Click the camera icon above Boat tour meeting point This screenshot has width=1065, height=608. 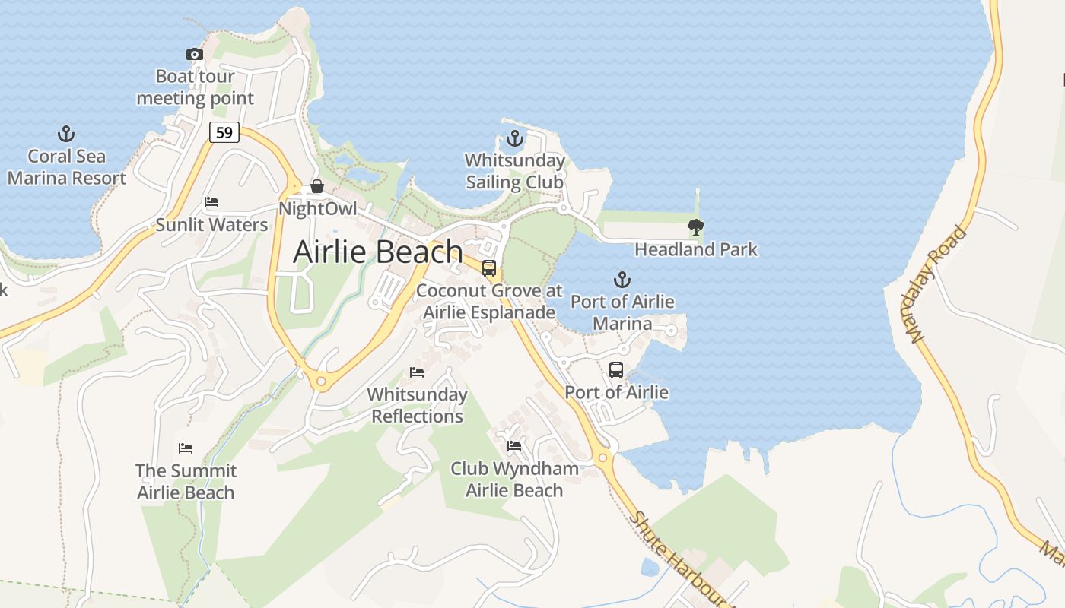coord(195,54)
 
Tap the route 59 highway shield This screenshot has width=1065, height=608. coord(224,132)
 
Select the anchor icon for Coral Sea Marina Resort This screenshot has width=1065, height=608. coord(66,135)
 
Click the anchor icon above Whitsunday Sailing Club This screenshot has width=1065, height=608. coord(515,138)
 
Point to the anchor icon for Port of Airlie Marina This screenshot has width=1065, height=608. coord(622,280)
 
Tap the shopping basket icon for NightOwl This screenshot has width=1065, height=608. coord(317,186)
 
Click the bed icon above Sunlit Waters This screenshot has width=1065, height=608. coord(211,202)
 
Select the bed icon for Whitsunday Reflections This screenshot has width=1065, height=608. coord(417,372)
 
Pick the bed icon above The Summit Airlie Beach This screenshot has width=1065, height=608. coord(186,448)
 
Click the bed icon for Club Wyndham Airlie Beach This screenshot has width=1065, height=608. coord(514,445)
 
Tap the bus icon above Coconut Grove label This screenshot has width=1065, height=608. coord(489,268)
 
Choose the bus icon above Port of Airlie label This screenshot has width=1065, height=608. coord(616,370)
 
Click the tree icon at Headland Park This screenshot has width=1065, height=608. coord(695,226)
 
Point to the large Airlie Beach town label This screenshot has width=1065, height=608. coord(378,252)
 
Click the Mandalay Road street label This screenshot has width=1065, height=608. coord(938,283)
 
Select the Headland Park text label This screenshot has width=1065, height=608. coord(696,249)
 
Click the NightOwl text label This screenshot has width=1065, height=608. coord(317,208)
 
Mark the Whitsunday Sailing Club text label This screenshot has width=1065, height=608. coord(515,172)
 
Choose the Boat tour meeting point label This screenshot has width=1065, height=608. coord(195,87)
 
